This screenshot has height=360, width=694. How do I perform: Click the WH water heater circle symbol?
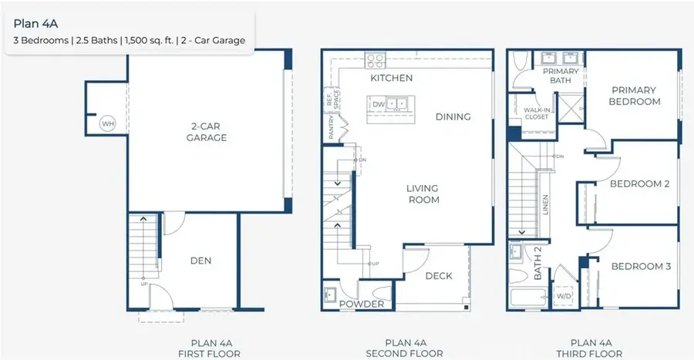(x=106, y=123)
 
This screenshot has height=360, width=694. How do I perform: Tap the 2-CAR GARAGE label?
(x=206, y=132)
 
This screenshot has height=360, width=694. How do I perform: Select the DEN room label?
(x=200, y=261)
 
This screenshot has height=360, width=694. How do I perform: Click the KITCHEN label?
(x=391, y=78)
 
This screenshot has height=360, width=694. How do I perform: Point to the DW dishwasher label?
(x=378, y=103)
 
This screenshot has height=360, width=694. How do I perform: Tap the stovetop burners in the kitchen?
(x=375, y=60)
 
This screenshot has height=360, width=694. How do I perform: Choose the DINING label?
(x=453, y=117)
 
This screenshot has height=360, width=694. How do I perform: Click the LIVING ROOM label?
(x=423, y=194)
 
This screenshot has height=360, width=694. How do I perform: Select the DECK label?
(x=438, y=276)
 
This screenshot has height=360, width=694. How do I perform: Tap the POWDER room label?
(x=362, y=304)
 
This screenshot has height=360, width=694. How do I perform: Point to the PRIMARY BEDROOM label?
(x=634, y=96)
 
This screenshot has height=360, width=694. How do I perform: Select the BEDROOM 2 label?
(x=639, y=184)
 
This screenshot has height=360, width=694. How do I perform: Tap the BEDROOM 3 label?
(x=640, y=267)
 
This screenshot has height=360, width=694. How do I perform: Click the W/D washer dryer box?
(x=564, y=296)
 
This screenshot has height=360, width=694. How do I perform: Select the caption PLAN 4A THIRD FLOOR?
(x=591, y=348)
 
